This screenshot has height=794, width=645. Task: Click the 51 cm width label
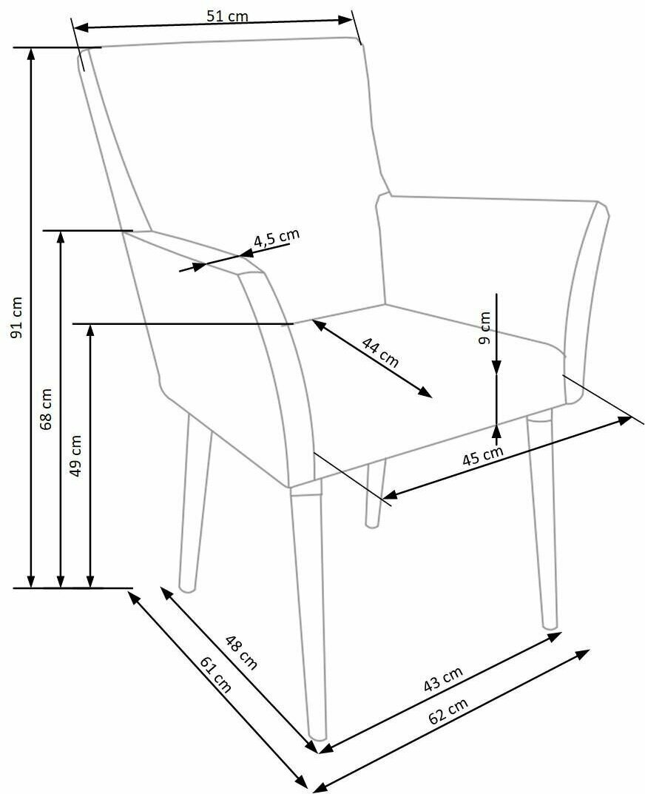pyautogui.click(x=227, y=17)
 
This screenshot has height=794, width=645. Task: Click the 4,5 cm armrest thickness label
pyautogui.click(x=276, y=238)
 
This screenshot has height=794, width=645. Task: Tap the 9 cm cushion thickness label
pyautogui.click(x=484, y=329)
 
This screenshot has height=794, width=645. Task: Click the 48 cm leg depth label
pyautogui.click(x=240, y=652)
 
